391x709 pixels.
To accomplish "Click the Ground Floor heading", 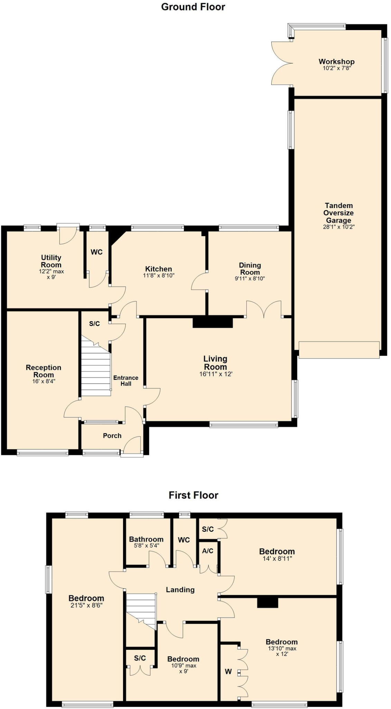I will (193, 7).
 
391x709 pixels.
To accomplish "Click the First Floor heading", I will (193, 495).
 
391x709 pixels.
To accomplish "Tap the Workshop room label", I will (336, 62).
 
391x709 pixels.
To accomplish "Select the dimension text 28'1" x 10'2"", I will (338, 227).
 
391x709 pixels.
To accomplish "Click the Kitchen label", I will (158, 269).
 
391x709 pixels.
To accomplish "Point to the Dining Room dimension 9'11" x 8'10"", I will (250, 278).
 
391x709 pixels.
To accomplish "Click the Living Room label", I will (215, 363).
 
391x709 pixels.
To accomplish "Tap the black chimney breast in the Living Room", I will (213, 322).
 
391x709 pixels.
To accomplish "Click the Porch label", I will (112, 436).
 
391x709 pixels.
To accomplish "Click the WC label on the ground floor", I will (96, 252).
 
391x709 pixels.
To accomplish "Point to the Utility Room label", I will (51, 261).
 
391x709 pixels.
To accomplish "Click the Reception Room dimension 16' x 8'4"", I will (44, 382).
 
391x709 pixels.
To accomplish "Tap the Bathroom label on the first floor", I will (146, 539).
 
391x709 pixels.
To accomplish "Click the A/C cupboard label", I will (207, 551).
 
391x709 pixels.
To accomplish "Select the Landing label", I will (180, 590).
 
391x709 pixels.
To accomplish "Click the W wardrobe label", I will (228, 672).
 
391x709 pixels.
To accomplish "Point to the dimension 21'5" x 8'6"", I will (86, 605).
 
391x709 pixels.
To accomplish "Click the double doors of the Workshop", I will (282, 63).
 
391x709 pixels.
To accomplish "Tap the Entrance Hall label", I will (126, 380).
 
